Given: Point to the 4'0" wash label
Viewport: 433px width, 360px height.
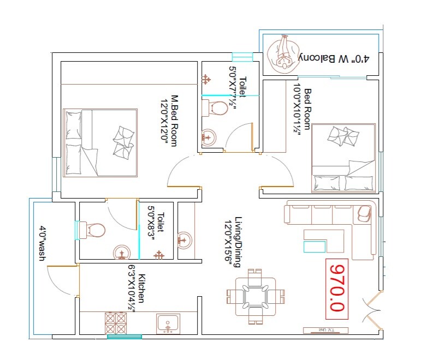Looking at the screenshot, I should (41, 243).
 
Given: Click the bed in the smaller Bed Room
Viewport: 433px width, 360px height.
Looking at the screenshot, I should (343, 158).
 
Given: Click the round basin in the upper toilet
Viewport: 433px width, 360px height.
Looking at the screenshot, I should (208, 137).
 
